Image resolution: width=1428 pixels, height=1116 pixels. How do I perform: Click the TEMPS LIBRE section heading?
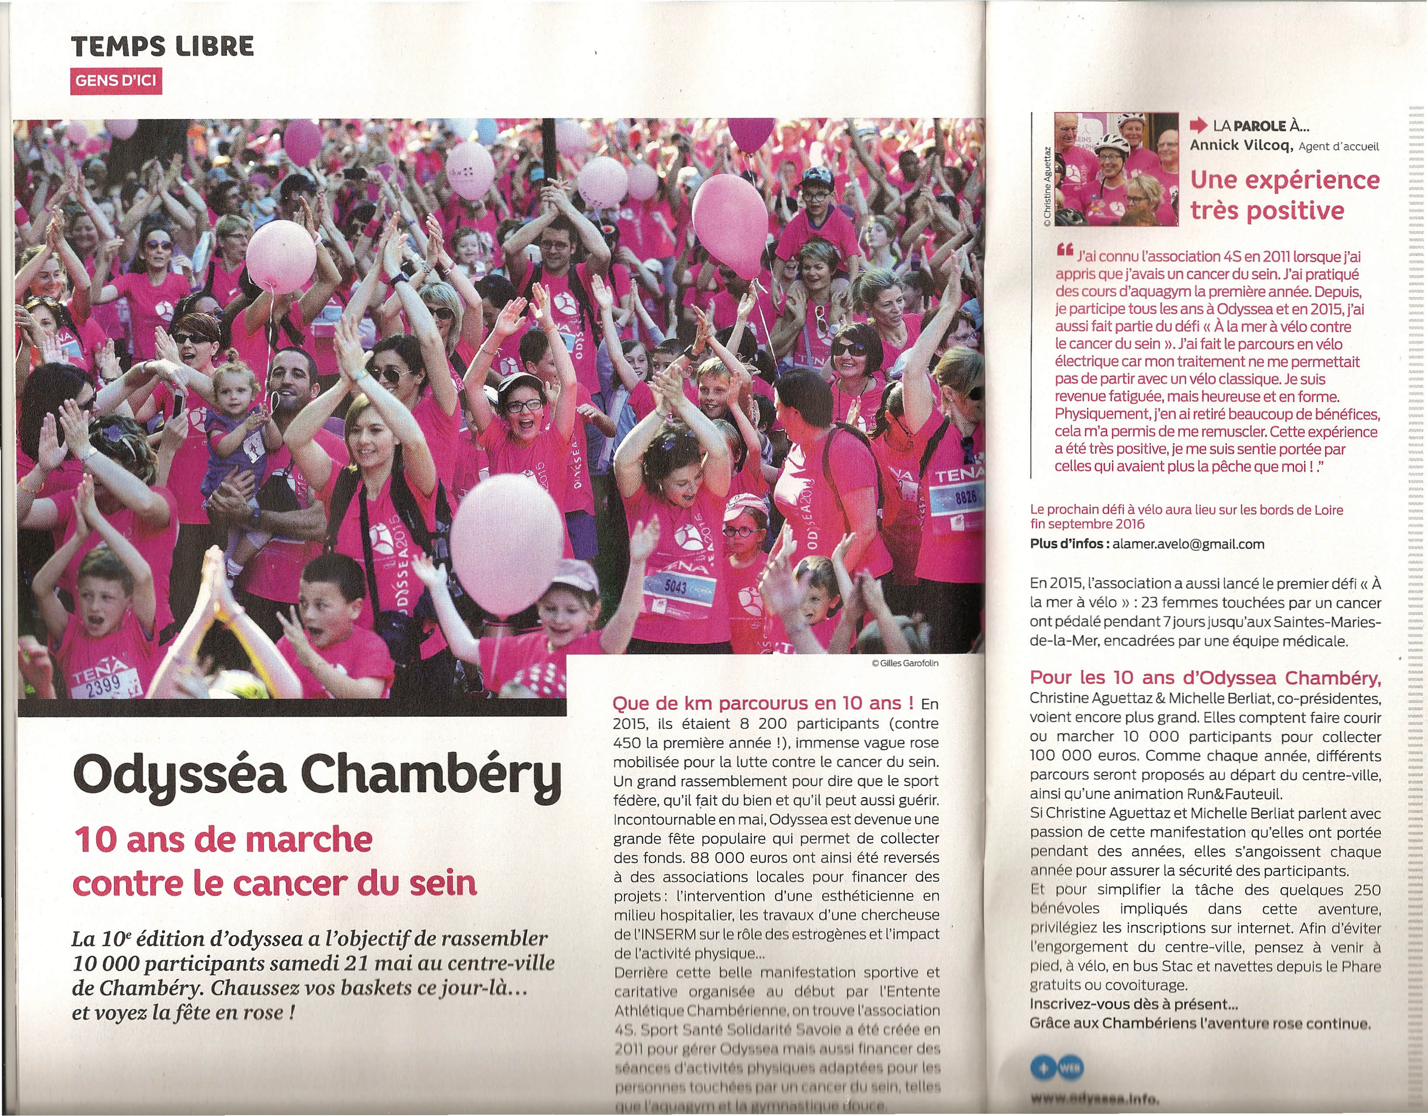pyautogui.click(x=162, y=46)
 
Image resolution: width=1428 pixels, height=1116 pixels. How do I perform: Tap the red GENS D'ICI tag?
pyautogui.click(x=116, y=82)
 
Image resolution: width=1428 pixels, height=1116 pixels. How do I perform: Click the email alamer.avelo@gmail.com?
pyautogui.click(x=1188, y=544)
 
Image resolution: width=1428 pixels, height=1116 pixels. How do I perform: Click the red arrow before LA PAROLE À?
pyautogui.click(x=1198, y=125)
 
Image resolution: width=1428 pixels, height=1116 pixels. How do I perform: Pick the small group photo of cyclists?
pyautogui.click(x=1117, y=169)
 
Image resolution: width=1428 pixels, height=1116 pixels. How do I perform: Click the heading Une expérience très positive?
pyautogui.click(x=1284, y=195)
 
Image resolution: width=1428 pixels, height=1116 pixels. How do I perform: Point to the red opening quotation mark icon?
pyautogui.click(x=1065, y=250)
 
